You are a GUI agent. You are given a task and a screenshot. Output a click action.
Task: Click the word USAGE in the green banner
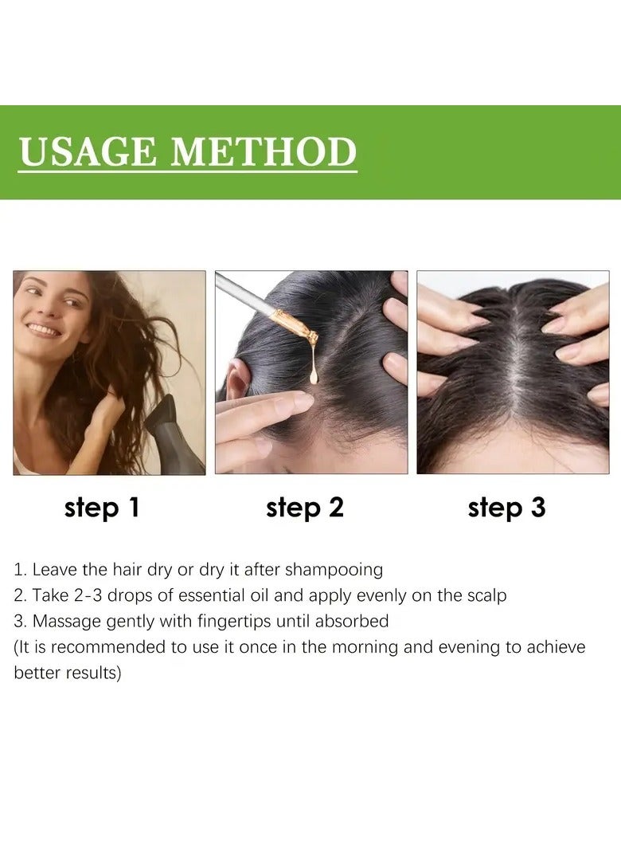[x=88, y=151]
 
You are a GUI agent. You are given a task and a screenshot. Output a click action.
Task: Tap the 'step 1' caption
[x=102, y=508]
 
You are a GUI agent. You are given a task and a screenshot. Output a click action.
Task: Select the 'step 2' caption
[x=305, y=508]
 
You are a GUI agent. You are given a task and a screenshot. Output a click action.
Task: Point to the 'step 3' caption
[x=507, y=508]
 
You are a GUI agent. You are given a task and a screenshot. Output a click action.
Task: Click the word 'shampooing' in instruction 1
[x=334, y=570]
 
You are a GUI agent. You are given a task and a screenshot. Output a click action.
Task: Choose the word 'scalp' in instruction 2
[x=485, y=595]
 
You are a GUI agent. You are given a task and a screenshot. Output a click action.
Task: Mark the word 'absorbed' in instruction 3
[x=351, y=621]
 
